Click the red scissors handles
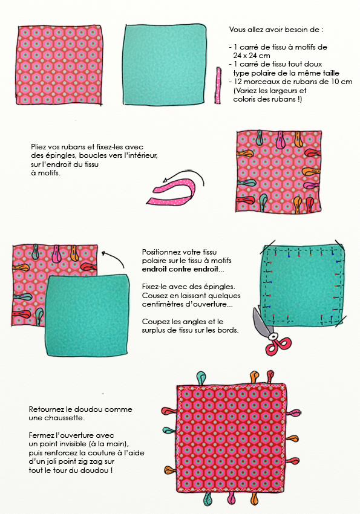coord(278,344)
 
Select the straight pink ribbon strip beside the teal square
coord(218,85)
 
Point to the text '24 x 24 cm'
coord(252,56)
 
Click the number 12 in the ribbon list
coord(238,82)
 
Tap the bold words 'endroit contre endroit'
coord(180,269)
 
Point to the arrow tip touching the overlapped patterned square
coord(103,253)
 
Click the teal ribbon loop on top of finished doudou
coord(201,379)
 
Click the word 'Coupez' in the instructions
coord(155,322)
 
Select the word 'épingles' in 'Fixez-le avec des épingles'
coord(220,287)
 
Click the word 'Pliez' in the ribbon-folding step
coord(38,147)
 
